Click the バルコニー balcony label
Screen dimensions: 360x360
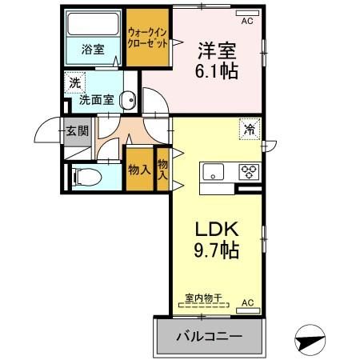point(209,335)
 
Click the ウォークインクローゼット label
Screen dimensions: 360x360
point(147,39)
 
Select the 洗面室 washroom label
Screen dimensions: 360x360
point(95,102)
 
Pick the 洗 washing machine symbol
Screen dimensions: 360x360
point(74,82)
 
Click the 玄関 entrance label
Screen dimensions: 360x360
point(76,131)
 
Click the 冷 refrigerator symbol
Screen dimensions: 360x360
point(250,128)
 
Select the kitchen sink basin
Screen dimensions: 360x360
point(214,171)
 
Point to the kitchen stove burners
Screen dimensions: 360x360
point(248,171)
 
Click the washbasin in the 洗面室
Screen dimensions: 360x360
point(127,100)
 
